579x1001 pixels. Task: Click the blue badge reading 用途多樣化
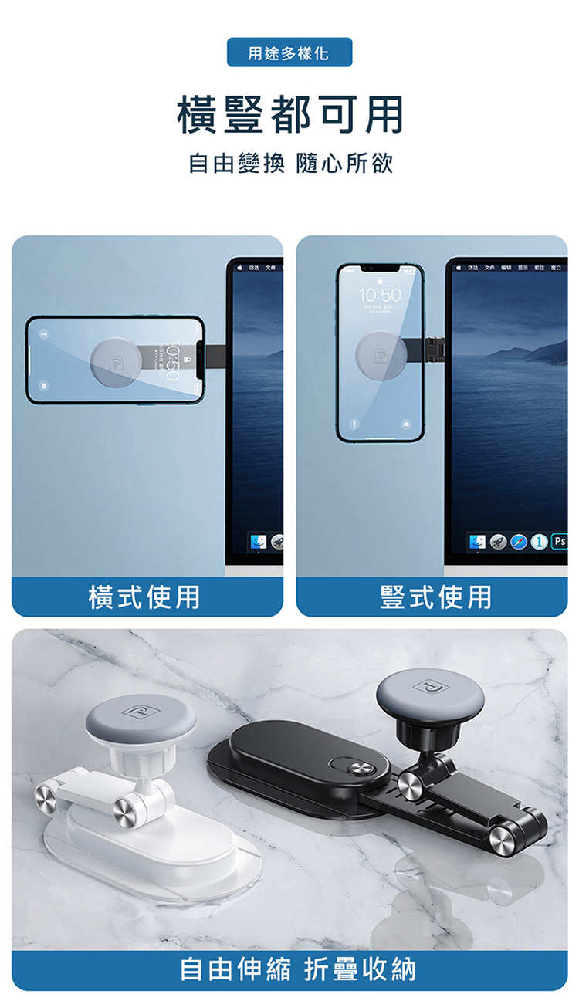click(289, 52)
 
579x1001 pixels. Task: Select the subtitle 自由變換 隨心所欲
click(290, 164)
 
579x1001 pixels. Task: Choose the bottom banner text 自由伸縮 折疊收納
click(298, 969)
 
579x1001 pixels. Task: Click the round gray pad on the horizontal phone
click(116, 360)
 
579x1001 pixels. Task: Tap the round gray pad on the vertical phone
click(381, 354)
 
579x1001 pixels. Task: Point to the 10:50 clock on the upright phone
click(380, 296)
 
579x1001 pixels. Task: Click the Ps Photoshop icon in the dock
click(559, 542)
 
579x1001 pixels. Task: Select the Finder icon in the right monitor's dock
click(476, 542)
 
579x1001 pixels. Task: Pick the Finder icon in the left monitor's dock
click(258, 542)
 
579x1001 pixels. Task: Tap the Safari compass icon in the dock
click(518, 542)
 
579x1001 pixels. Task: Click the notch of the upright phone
click(380, 269)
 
